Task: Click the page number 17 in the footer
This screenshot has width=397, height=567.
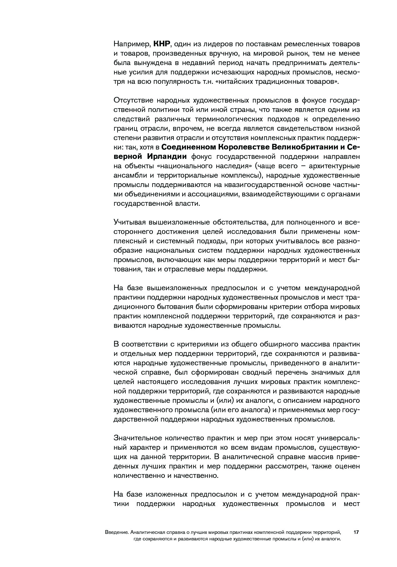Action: (x=356, y=532)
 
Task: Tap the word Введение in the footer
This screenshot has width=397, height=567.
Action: (x=117, y=532)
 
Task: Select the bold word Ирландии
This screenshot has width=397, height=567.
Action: (x=167, y=156)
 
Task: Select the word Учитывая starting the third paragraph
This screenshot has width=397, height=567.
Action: (x=129, y=222)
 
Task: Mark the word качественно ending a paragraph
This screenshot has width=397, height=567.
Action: (x=198, y=476)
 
